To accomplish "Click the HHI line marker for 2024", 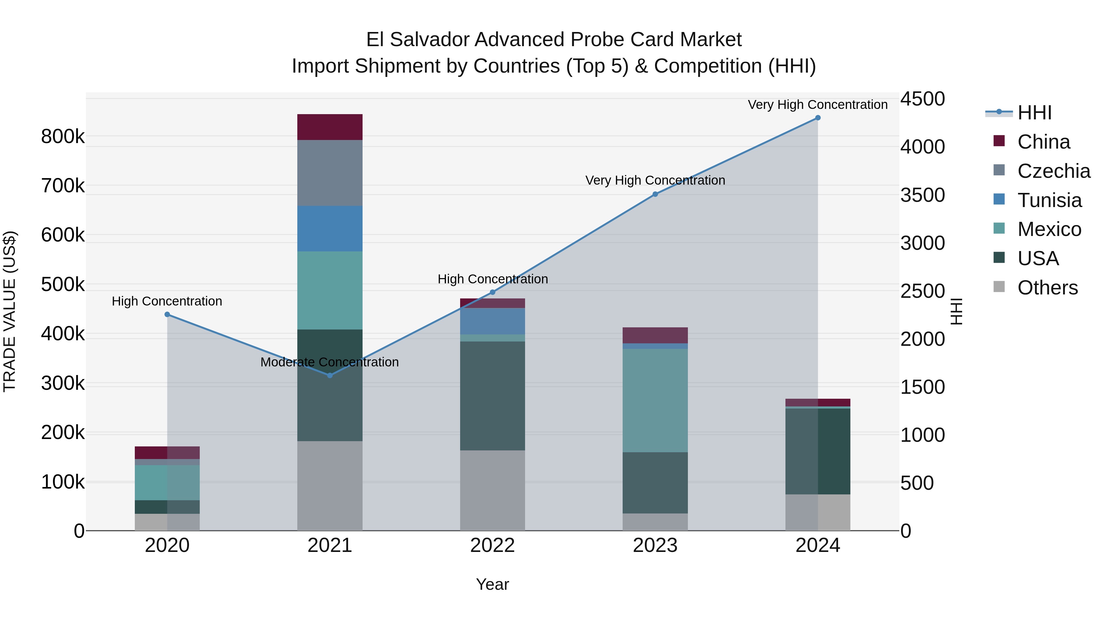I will pos(818,118).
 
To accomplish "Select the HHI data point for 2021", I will pos(330,375).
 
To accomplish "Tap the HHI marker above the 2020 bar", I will pos(167,314).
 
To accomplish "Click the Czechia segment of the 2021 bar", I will pos(330,173).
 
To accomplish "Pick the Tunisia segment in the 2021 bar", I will pos(330,229).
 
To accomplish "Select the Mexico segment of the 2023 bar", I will pos(655,400).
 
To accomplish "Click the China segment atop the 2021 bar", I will pos(330,127).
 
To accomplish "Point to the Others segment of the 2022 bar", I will pos(492,490).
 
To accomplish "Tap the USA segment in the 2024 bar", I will pos(818,451).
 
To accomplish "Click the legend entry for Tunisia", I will pos(1049,200).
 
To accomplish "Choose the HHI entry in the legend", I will pos(1034,113).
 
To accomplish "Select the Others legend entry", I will pos(1047,288).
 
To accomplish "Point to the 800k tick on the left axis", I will pos(63,137).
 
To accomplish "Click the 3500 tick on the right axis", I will pos(923,195).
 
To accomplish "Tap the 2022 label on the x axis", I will pos(492,545).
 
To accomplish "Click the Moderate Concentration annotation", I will pos(330,362).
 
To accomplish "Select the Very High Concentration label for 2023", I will pos(655,180).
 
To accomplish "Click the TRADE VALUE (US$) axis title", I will pos(10,311).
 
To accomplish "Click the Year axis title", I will pos(492,584).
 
